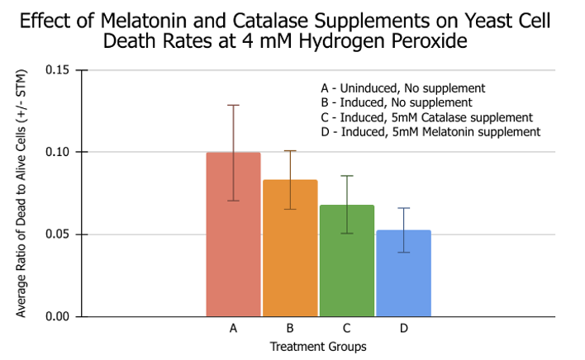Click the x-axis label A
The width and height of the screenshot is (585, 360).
(234, 329)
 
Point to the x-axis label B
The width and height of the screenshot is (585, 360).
(290, 329)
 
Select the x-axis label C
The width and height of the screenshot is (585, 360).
(347, 329)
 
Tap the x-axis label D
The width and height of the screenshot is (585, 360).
(403, 329)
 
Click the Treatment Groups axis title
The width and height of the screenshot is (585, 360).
(318, 347)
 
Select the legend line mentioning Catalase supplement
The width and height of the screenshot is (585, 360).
(426, 117)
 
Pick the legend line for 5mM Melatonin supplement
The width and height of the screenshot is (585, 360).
(430, 131)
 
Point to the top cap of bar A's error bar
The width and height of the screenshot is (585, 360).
(234, 105)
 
